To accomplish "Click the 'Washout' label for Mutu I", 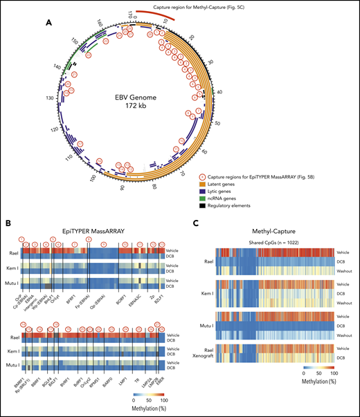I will tap(343, 336).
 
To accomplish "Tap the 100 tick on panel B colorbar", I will tap(163, 400).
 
